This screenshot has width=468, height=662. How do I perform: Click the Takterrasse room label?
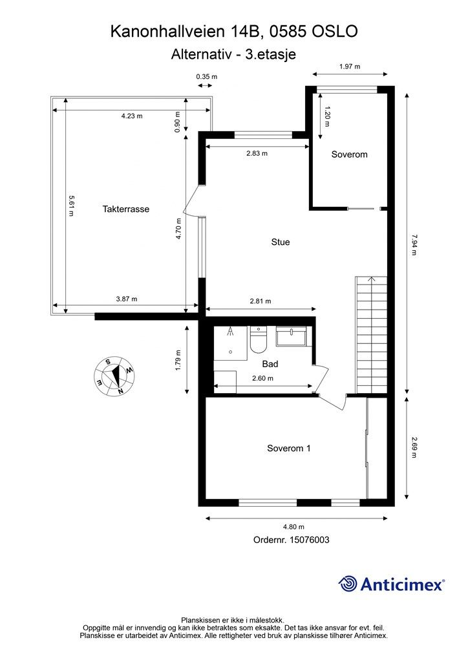(x=126, y=209)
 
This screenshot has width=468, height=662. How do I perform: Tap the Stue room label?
(x=280, y=242)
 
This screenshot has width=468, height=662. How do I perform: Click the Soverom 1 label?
(x=288, y=448)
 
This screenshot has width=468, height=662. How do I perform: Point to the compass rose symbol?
(x=114, y=376)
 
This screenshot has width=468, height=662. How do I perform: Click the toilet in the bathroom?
(x=257, y=341)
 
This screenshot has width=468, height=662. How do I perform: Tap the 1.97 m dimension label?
(x=349, y=67)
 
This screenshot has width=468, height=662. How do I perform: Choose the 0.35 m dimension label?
(x=207, y=76)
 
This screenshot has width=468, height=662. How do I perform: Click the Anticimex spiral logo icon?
(x=348, y=584)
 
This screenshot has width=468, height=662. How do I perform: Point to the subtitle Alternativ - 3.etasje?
(x=233, y=54)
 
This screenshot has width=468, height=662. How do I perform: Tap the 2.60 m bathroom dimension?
(x=262, y=379)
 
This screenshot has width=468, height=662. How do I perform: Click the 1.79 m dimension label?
(x=179, y=359)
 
